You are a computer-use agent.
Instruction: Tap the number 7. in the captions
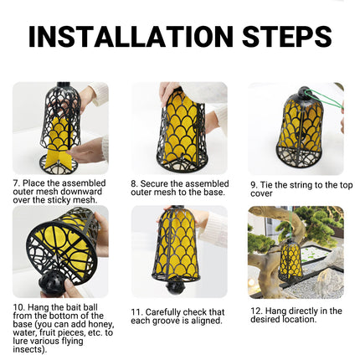tap(16, 182)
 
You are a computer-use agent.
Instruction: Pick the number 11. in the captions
tap(137, 311)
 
